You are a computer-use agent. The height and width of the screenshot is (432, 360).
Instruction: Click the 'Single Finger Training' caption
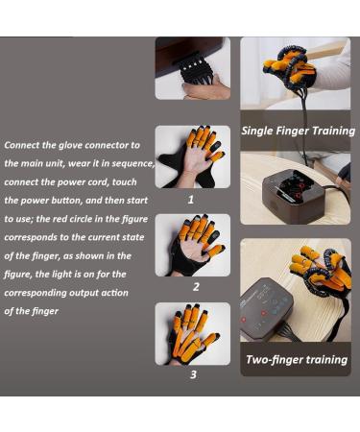tap(298, 131)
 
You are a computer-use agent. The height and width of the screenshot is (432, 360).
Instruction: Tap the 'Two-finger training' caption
tap(296, 360)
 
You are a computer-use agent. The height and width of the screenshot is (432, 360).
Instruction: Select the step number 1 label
tap(191, 200)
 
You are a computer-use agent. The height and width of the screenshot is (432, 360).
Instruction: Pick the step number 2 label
tap(195, 286)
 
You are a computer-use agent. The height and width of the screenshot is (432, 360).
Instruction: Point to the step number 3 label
tap(193, 374)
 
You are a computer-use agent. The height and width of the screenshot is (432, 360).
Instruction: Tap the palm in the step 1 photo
tap(188, 169)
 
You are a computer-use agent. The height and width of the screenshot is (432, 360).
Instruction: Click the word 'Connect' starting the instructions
tap(25, 145)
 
